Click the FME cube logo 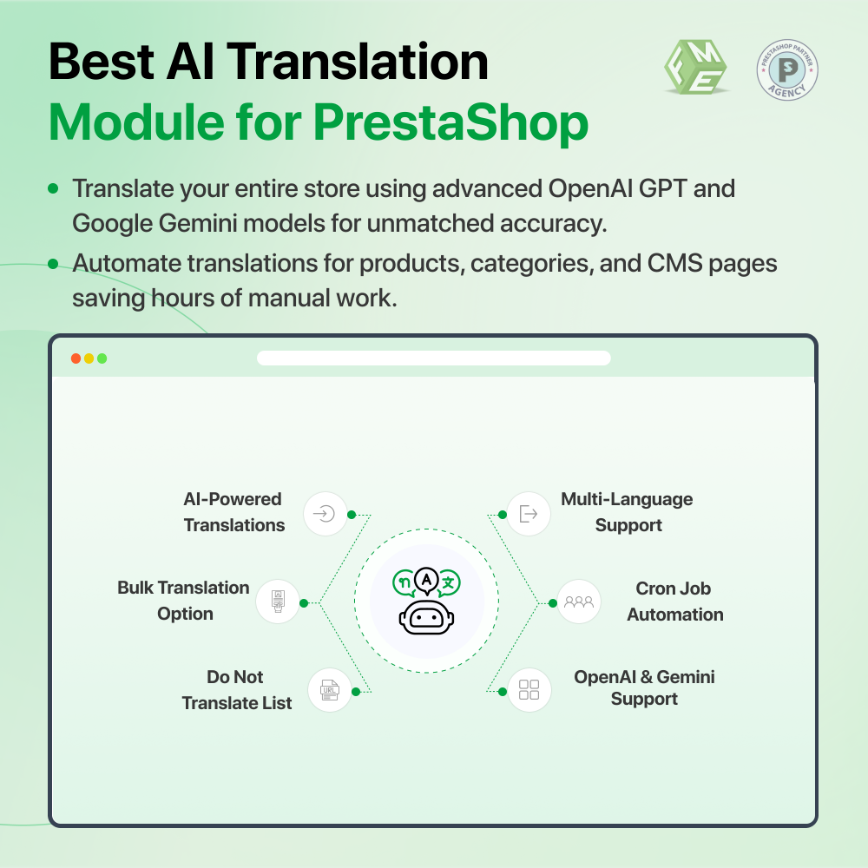pos(695,69)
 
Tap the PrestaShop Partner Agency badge pos(787,69)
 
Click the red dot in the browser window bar pos(76,358)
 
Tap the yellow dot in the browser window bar pos(89,358)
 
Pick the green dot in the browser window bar pos(102,358)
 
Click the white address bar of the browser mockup pos(434,358)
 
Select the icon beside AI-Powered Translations pos(325,514)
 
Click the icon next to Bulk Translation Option pos(278,602)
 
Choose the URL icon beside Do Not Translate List pos(330,690)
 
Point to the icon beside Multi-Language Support pos(528,514)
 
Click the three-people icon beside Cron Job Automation pos(578,602)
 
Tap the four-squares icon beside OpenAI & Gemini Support pos(529,690)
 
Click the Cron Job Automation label pos(674,602)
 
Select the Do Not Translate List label pos(236,690)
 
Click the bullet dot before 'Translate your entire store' pos(54,188)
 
